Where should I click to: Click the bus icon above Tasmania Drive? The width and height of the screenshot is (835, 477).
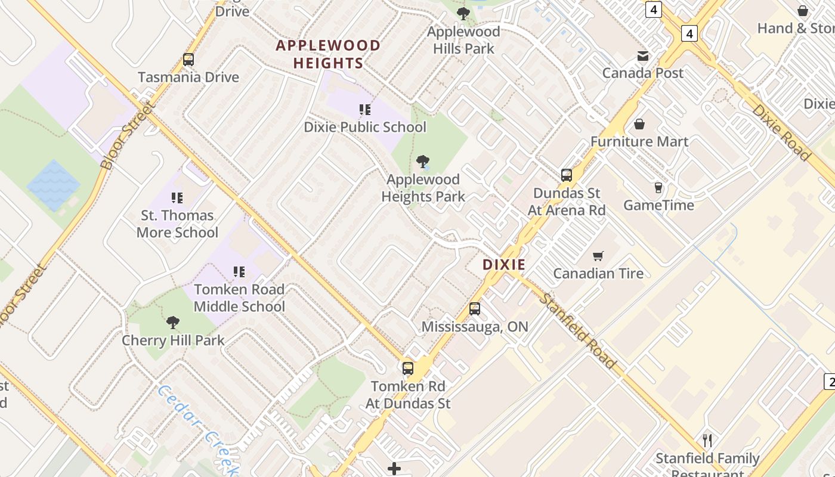point(188,60)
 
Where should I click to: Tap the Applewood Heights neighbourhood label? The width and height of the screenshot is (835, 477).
point(328,54)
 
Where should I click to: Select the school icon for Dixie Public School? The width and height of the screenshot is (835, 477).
point(364,110)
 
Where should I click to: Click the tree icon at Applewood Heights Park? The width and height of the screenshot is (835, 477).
point(423,161)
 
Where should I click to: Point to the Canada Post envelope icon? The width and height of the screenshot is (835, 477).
point(643,56)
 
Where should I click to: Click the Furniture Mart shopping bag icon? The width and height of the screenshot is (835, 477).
point(639,124)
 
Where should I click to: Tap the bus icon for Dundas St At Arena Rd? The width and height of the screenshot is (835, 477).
point(566,175)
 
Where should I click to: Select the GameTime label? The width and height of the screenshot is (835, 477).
point(658,205)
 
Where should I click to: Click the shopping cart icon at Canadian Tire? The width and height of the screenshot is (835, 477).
point(598,256)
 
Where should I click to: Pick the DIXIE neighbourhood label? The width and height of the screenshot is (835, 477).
point(504,265)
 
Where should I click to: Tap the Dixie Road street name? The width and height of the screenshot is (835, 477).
point(781,132)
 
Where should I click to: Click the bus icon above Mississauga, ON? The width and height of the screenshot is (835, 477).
point(475,309)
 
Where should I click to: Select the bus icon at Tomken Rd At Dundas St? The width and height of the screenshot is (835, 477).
point(408,368)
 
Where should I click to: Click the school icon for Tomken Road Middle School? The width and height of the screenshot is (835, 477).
point(239,272)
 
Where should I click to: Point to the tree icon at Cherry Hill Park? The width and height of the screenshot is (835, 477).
point(173,323)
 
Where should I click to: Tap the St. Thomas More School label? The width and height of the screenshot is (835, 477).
point(177,224)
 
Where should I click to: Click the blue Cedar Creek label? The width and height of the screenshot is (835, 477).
point(197,429)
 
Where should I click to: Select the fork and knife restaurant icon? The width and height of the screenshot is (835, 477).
point(707,441)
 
